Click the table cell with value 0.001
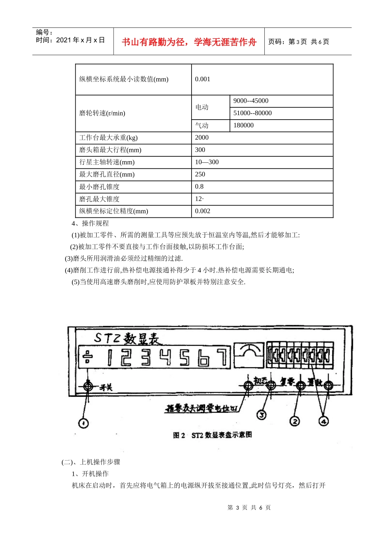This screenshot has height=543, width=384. point(203,79)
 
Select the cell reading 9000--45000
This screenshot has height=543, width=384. point(251,101)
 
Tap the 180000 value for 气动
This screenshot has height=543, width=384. point(243,125)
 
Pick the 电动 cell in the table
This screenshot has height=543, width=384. point(202,107)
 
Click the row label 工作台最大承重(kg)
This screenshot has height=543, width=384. point(108,138)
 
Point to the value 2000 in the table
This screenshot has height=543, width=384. point(202,138)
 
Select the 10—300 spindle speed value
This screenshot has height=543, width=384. point(207,162)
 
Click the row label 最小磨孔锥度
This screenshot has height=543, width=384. point(99,187)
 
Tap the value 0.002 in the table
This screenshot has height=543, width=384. point(203,211)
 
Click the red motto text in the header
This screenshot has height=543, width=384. point(189,42)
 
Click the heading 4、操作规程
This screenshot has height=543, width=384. point(90,223)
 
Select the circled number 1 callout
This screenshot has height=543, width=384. point(83,423)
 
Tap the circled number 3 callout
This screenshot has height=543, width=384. point(262,415)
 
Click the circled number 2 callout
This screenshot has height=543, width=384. point(295,421)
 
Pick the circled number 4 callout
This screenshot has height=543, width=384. point(323,421)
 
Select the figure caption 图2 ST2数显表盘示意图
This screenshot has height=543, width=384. point(212,435)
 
